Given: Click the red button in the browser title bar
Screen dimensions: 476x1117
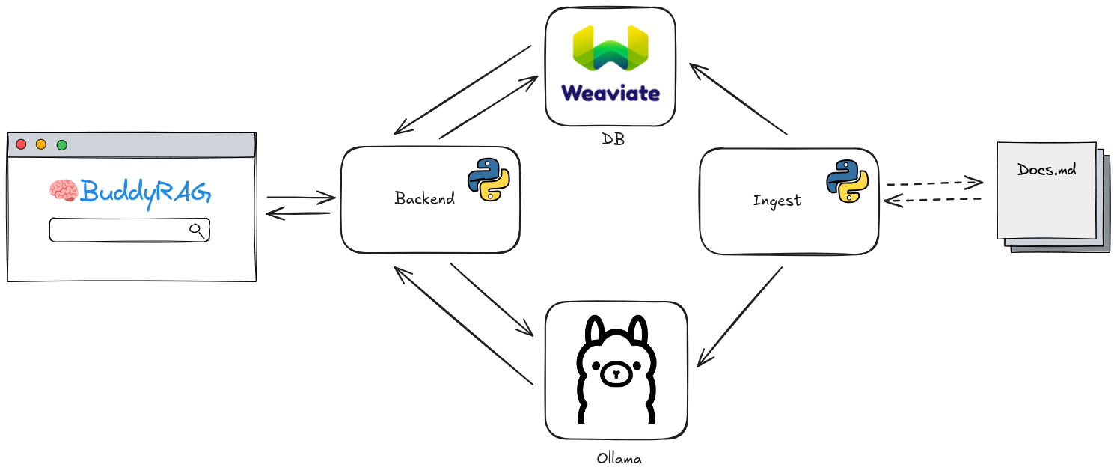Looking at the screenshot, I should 21,144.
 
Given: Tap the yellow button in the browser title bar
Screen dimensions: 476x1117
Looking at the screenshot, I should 41,144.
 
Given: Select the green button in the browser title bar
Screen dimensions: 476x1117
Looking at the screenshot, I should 62,144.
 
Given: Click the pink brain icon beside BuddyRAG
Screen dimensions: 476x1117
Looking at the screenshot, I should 64,190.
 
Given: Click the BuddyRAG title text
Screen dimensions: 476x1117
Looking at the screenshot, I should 145,192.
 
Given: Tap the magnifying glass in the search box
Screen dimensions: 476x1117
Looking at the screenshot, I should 197,230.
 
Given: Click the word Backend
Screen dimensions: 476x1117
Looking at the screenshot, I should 424,199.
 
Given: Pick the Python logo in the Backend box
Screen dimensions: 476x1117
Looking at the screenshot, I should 489,180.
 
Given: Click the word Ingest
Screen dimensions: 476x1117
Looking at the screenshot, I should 777,201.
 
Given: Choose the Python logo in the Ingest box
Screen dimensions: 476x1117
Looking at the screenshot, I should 847,181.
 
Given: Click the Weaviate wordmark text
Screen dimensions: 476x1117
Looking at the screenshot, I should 610,93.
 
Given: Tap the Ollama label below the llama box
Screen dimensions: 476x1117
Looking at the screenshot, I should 619,457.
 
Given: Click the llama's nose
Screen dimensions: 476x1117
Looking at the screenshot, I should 615,372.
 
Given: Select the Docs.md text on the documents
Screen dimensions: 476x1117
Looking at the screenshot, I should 1047,169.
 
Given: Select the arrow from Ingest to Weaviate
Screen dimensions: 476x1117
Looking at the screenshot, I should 738,100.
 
